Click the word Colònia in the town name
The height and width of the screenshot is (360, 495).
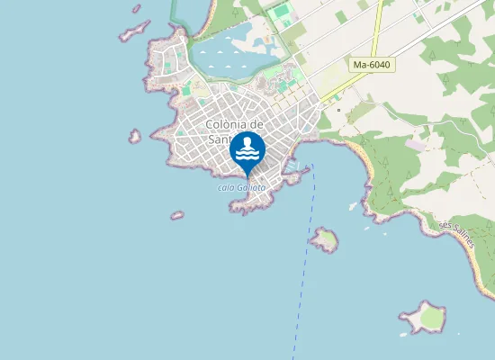pyautogui.click(x=226, y=124)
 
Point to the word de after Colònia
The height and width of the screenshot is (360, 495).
pyautogui.click(x=256, y=124)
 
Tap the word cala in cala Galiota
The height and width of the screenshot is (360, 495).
pyautogui.click(x=226, y=188)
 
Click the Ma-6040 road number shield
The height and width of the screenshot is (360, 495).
pyautogui.click(x=371, y=66)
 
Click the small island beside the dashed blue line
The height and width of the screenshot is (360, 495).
pyautogui.click(x=324, y=239)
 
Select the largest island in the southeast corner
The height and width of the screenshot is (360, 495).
pyautogui.click(x=425, y=317)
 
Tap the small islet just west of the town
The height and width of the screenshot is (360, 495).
pyautogui.click(x=134, y=137)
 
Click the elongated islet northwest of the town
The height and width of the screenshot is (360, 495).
pyautogui.click(x=134, y=32)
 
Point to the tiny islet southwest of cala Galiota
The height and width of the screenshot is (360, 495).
pyautogui.click(x=177, y=215)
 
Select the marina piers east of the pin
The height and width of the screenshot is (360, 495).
pyautogui.click(x=294, y=166)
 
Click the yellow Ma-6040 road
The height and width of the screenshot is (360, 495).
pyautogui.click(x=360, y=79)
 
